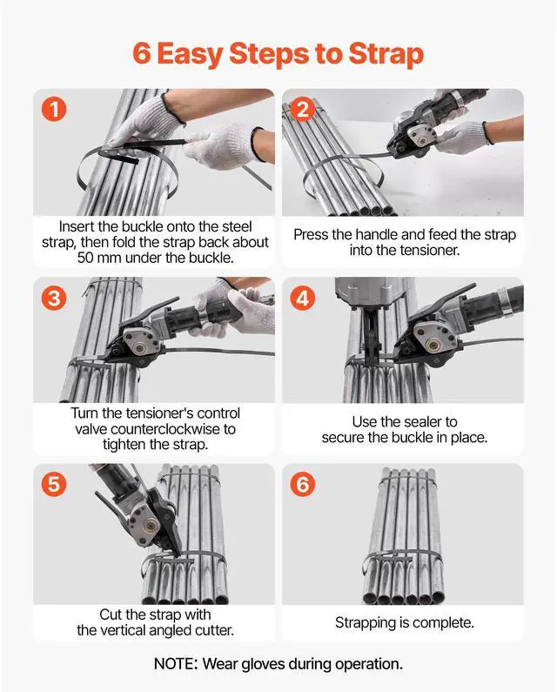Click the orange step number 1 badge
click(x=54, y=110)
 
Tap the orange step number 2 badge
click(x=303, y=110)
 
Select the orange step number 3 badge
click(x=54, y=298)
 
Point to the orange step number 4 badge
click(x=303, y=298)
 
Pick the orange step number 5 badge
click(x=54, y=484)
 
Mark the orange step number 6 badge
click(x=303, y=484)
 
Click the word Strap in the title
click(x=386, y=55)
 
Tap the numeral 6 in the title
click(x=142, y=53)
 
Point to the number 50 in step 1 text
click(x=85, y=258)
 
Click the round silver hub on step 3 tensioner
click(x=140, y=349)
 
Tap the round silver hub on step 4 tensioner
click(x=434, y=343)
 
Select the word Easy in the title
click(x=190, y=55)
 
